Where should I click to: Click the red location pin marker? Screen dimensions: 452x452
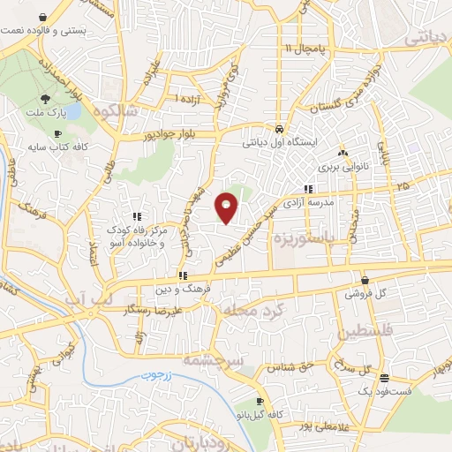[x=227, y=207]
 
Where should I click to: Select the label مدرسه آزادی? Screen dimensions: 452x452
[x=328, y=202]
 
